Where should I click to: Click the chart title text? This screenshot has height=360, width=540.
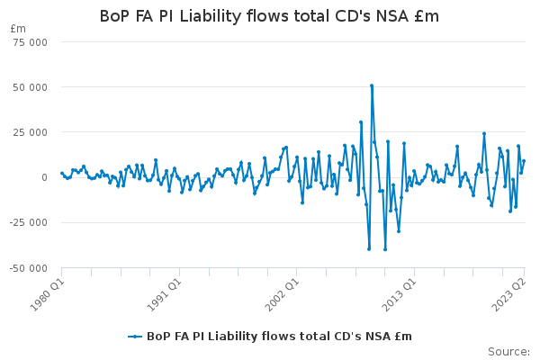click(269, 16)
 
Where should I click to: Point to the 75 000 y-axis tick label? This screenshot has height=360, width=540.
click(30, 42)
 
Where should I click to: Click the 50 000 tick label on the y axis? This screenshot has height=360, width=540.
click(30, 87)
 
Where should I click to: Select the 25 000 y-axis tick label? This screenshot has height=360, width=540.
click(30, 132)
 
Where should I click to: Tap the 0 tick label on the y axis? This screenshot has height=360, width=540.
click(44, 177)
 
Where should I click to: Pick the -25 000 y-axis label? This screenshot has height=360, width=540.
click(29, 223)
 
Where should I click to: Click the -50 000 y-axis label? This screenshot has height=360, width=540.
click(29, 268)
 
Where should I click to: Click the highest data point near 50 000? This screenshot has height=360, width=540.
click(372, 85)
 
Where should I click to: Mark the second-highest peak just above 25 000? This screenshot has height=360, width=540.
click(361, 122)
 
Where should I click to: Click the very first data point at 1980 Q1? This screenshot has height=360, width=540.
click(62, 174)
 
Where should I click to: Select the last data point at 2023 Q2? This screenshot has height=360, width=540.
click(524, 161)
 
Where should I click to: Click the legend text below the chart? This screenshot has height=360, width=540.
click(279, 337)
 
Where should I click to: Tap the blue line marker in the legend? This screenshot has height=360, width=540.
click(135, 337)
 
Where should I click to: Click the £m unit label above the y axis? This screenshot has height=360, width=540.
click(18, 29)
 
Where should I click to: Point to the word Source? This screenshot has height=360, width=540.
click(508, 352)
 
